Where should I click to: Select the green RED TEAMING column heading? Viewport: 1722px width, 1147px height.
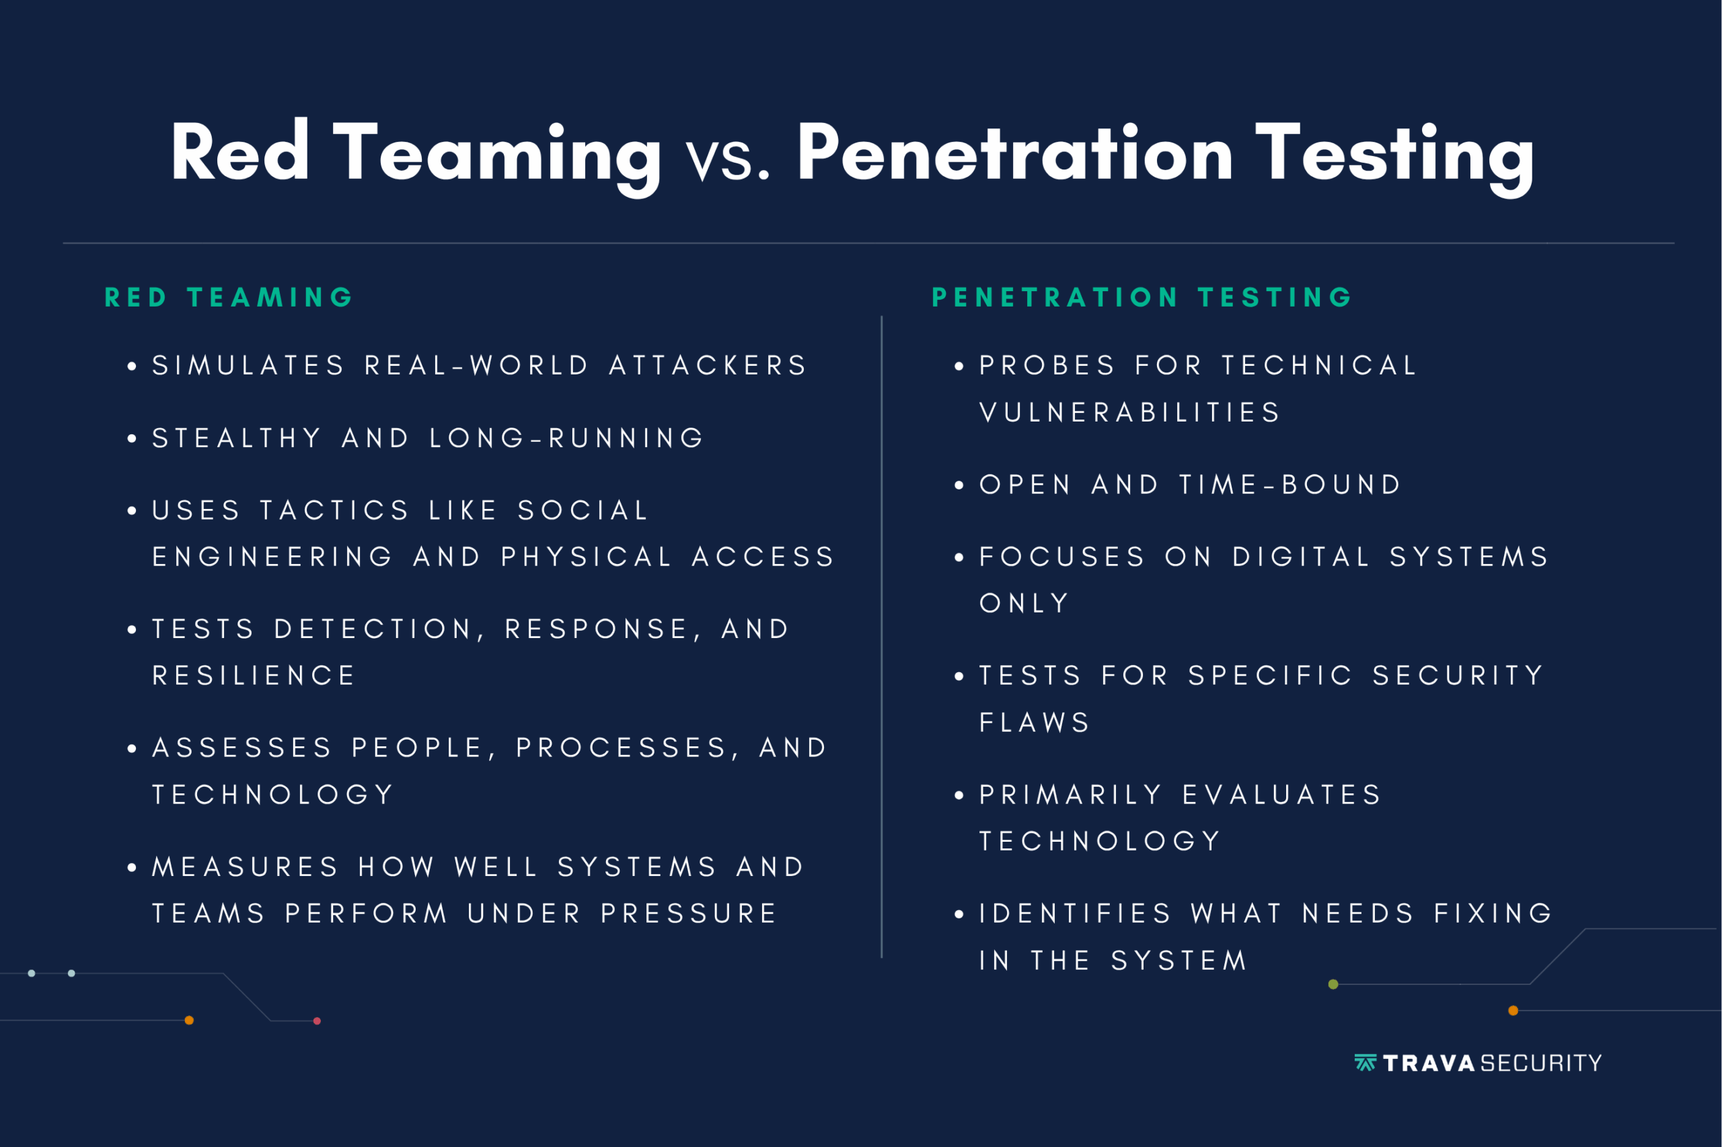[229, 297]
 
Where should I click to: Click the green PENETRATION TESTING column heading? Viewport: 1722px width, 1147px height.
[1141, 297]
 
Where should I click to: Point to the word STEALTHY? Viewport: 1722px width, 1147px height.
[236, 438]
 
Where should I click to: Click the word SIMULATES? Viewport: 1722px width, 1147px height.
[248, 365]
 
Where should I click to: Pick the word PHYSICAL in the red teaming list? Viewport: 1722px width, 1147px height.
[586, 557]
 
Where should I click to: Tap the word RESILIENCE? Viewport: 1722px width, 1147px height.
[253, 675]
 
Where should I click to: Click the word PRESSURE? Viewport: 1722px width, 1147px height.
[689, 913]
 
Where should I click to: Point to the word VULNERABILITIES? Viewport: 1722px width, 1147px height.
[1129, 413]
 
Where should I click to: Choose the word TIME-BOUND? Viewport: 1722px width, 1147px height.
[1290, 484]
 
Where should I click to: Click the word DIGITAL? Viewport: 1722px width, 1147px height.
[1301, 557]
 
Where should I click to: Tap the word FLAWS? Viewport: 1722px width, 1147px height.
[1035, 723]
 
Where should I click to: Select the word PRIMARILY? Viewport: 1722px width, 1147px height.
[1071, 795]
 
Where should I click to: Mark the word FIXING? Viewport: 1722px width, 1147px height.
[1493, 913]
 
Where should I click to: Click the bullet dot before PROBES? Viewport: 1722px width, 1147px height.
[959, 366]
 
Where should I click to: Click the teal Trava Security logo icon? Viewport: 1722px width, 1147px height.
[1365, 1063]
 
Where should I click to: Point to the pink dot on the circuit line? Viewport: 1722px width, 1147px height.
[317, 1021]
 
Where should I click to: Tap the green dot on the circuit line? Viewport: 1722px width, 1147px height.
[1333, 984]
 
